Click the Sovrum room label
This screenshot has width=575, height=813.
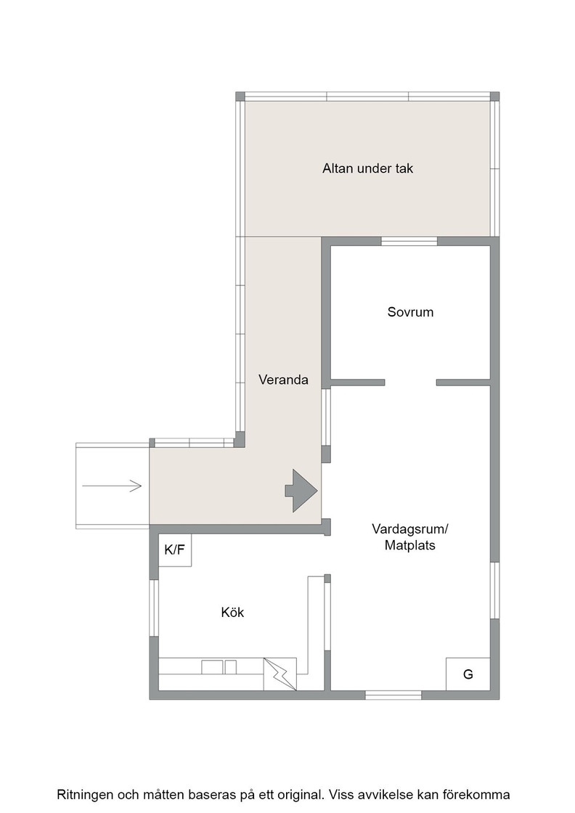pos(410,312)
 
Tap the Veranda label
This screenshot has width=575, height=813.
pos(283,380)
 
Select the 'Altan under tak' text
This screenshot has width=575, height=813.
pos(367,168)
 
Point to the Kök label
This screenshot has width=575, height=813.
pos(232,613)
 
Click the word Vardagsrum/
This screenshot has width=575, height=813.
pos(409,529)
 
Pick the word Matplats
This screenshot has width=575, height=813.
pos(409,545)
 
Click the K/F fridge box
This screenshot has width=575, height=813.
pos(175,550)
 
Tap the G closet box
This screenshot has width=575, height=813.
pos(468,674)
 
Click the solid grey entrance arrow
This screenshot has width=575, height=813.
pos(301,491)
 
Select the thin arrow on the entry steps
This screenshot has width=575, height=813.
pos(112,486)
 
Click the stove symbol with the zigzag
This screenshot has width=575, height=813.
pos(280,674)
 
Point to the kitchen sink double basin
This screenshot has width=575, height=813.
pos(219,667)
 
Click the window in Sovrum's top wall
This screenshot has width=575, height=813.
pos(409,241)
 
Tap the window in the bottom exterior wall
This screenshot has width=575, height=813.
pos(393,695)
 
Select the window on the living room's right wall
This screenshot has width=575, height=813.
pos(494,590)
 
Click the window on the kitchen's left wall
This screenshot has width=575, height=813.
pos(154,608)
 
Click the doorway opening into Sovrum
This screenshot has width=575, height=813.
pos(411,383)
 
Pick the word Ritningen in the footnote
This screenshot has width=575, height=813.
pos(84,795)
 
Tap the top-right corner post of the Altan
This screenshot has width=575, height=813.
pos(494,97)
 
